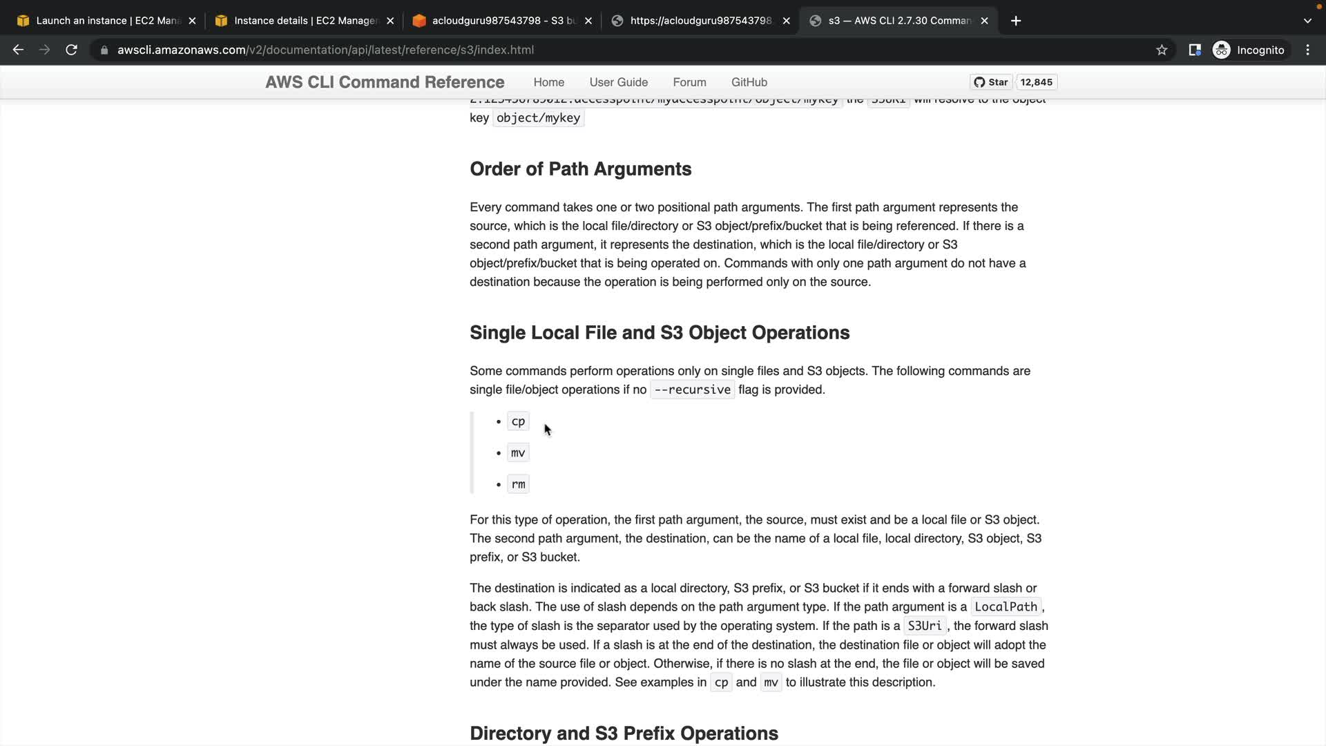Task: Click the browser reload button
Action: click(71, 50)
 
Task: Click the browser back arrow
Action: click(19, 50)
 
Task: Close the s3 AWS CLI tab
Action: click(984, 21)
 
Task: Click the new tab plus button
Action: click(1016, 21)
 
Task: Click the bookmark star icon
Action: click(1162, 50)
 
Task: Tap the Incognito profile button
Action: click(1249, 50)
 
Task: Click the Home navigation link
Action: click(548, 82)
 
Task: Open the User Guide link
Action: click(618, 82)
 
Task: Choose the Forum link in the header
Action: click(689, 82)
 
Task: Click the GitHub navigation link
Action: click(749, 82)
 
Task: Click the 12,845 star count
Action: click(1036, 82)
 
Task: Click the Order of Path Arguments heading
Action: click(580, 169)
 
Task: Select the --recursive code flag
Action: click(692, 390)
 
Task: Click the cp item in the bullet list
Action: click(518, 421)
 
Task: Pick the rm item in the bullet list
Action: click(518, 484)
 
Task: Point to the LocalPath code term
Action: click(1006, 607)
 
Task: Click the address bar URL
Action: click(325, 50)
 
